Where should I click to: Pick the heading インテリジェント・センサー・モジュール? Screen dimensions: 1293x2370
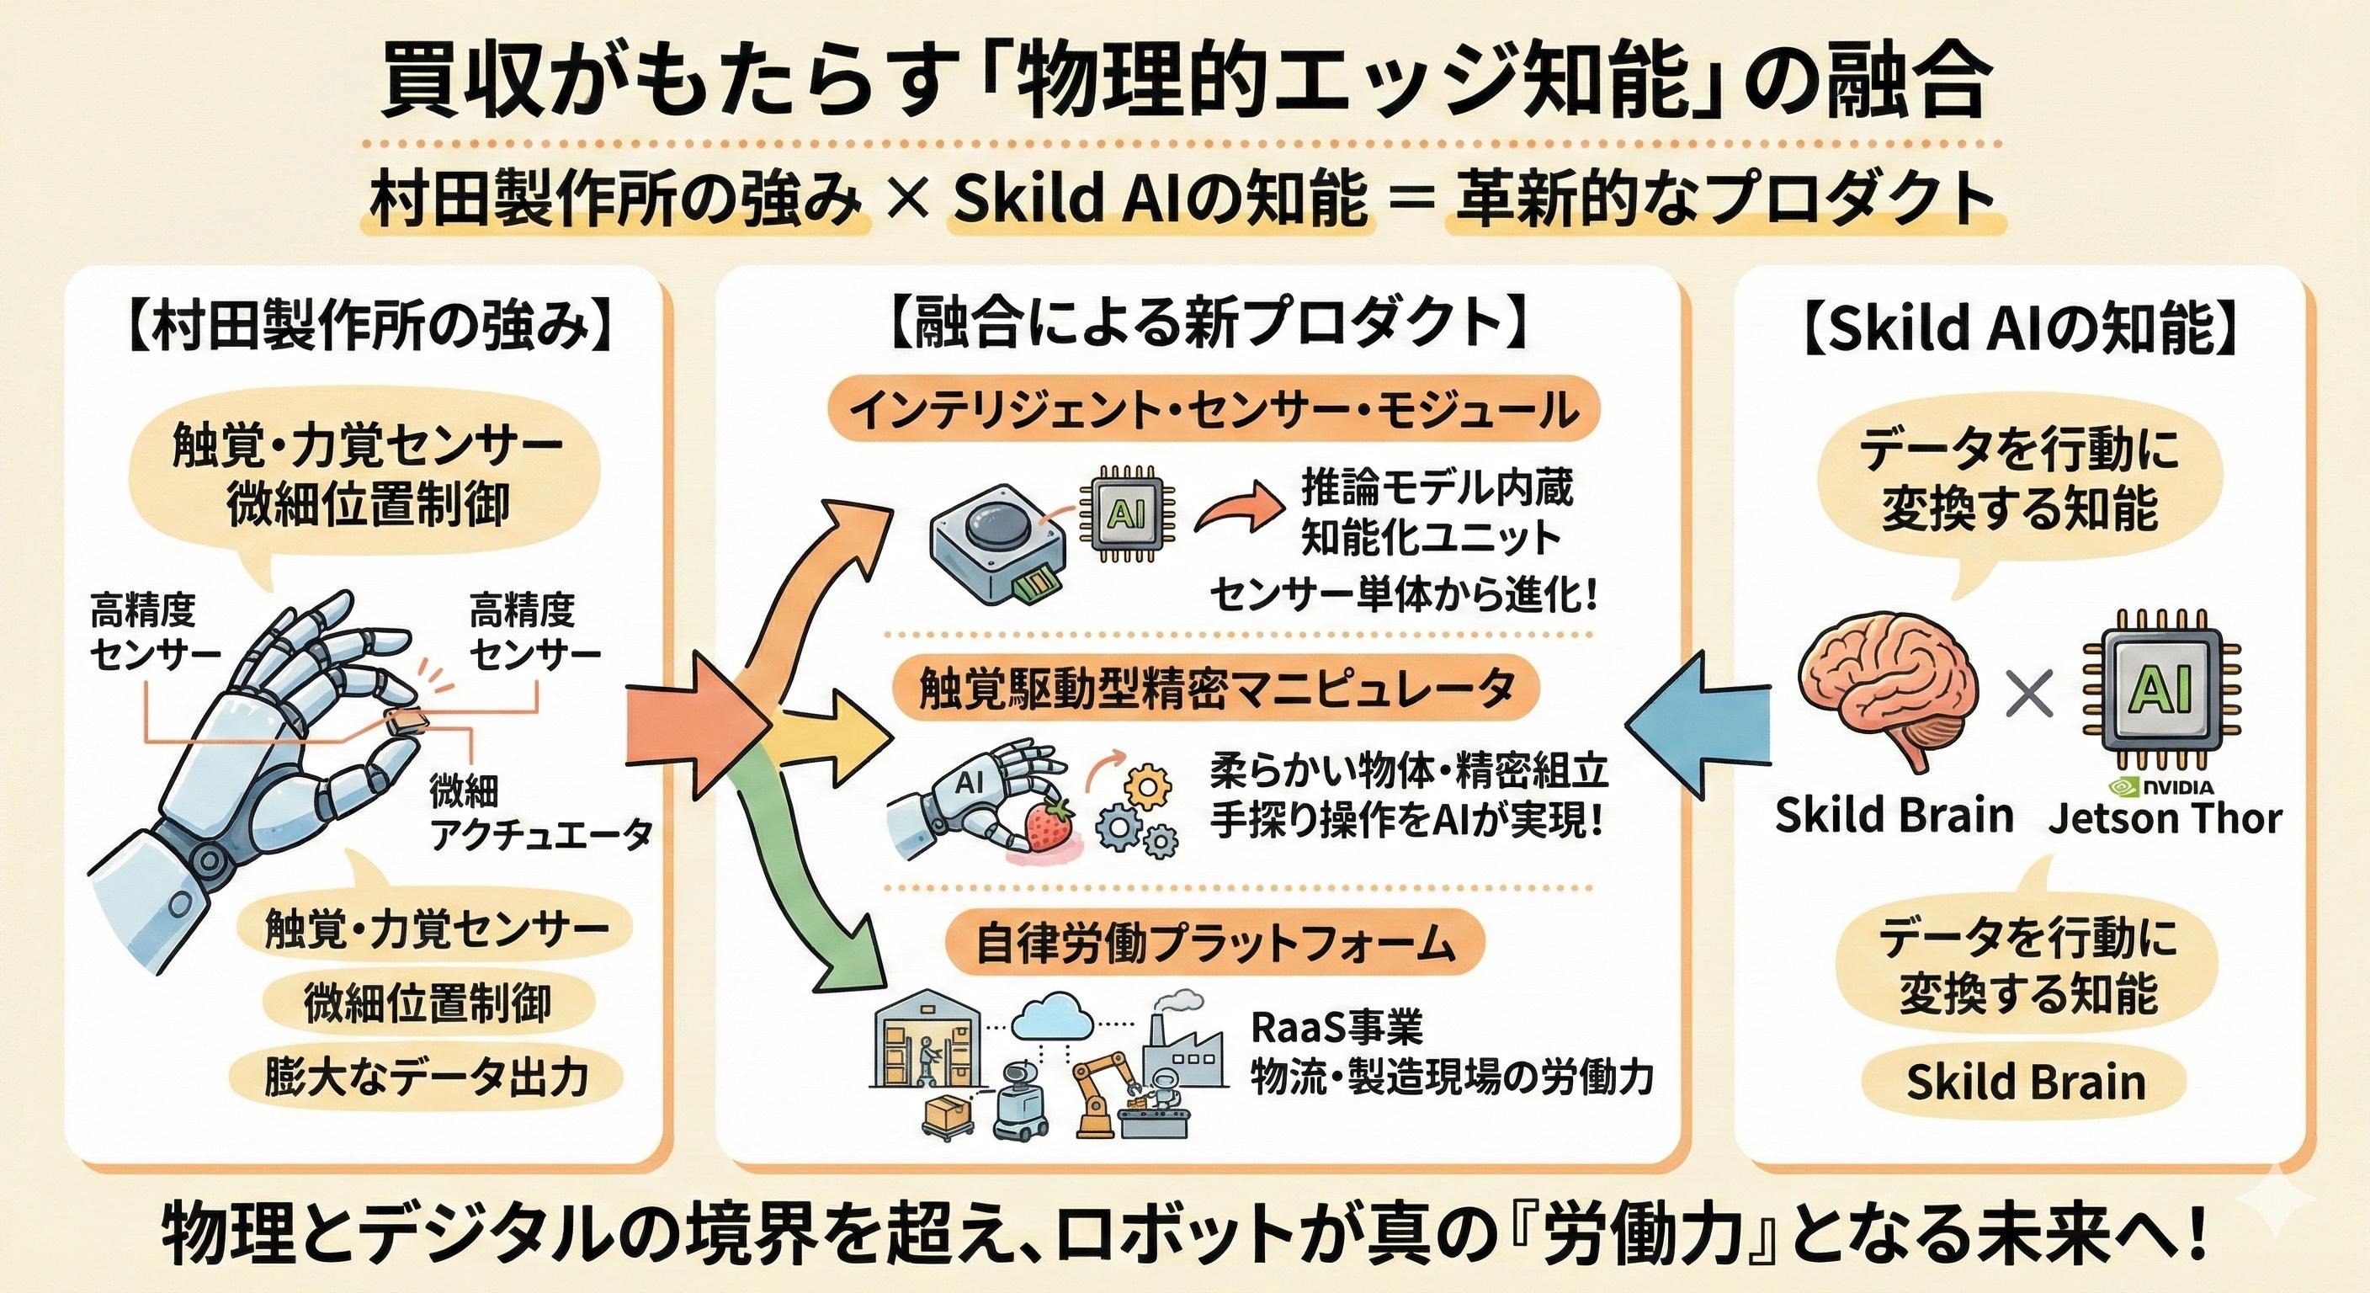(1214, 412)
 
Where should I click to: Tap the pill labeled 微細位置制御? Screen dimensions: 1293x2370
(427, 1004)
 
